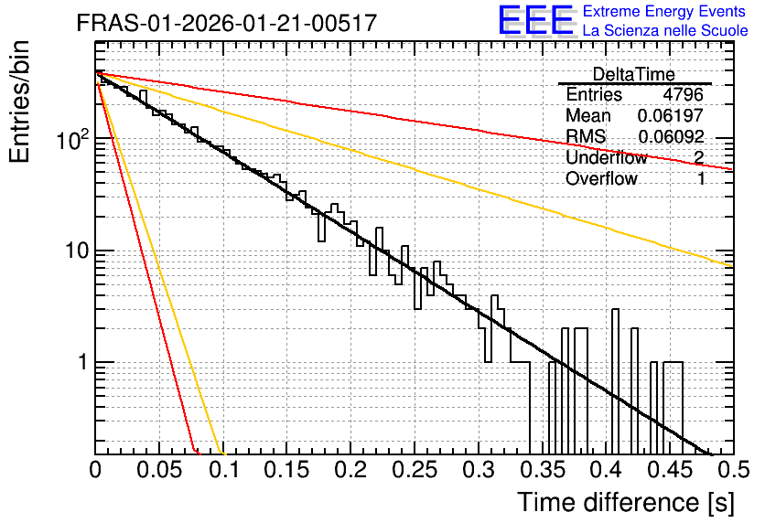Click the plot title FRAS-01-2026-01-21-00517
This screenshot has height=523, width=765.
[227, 23]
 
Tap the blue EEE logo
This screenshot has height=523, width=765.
[536, 20]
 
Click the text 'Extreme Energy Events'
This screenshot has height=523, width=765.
[664, 11]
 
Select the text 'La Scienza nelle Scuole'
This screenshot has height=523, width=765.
[665, 30]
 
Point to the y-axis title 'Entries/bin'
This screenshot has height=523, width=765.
[19, 101]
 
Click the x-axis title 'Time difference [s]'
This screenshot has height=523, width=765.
[626, 503]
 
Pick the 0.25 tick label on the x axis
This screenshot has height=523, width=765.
[415, 470]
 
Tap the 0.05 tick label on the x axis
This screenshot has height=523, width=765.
[159, 470]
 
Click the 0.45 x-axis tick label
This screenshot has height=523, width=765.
[670, 470]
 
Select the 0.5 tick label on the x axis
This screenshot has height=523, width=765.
[733, 470]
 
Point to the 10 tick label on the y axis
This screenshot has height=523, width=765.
[77, 251]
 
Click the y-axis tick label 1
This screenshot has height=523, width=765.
[82, 363]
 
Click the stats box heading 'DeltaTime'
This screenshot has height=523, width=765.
[634, 74]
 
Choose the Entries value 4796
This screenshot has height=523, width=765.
[683, 94]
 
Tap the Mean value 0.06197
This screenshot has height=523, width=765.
[671, 115]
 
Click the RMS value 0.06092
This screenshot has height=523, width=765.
[671, 136]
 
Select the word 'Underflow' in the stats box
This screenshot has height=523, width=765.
[607, 157]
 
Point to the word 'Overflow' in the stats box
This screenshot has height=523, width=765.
[601, 179]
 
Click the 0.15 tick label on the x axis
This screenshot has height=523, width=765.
[287, 470]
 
